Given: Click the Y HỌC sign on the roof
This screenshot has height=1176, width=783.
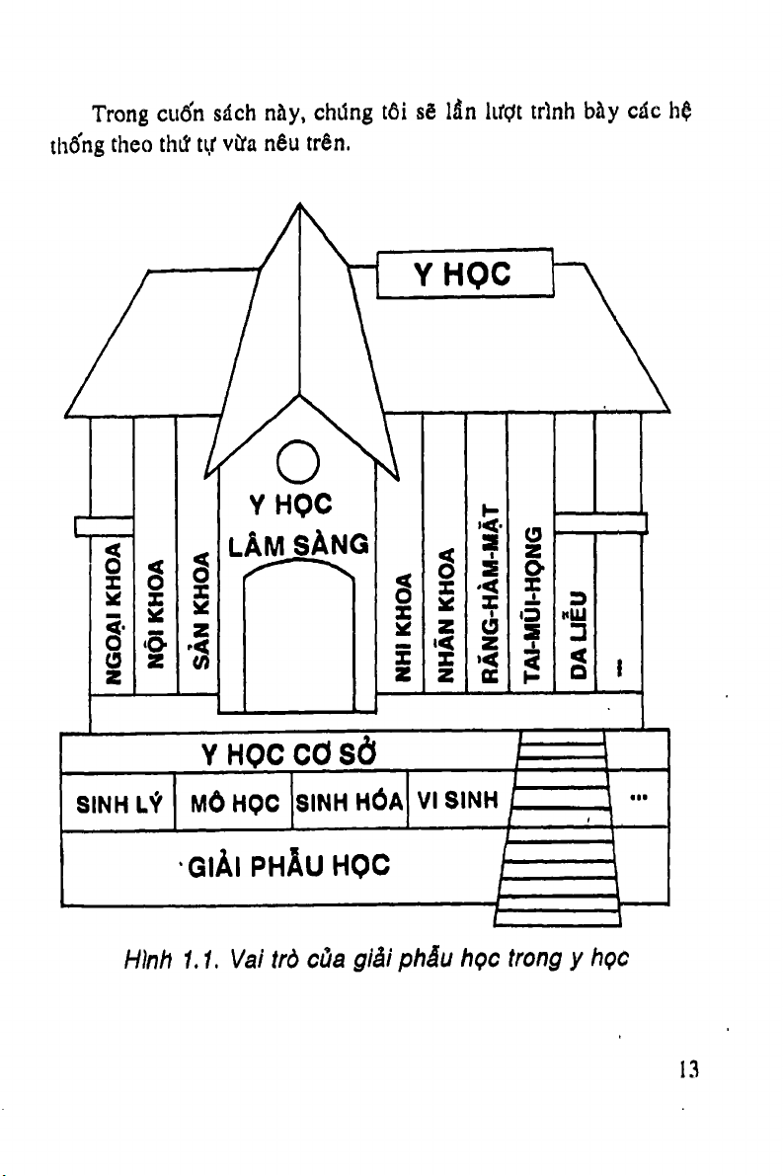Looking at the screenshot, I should (x=463, y=274).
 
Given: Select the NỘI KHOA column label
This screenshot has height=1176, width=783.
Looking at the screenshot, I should (x=155, y=614).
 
